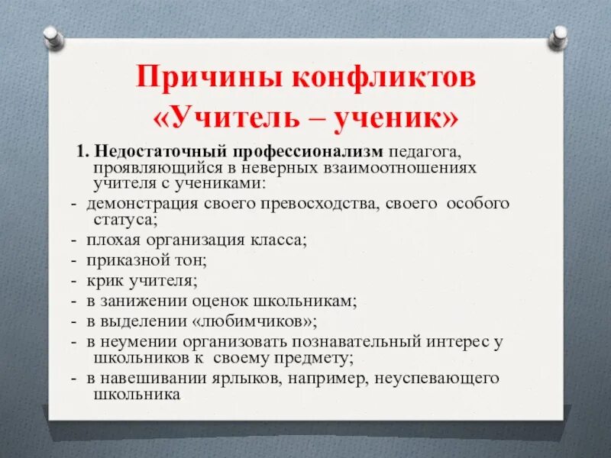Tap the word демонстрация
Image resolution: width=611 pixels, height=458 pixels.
(x=142, y=205)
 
